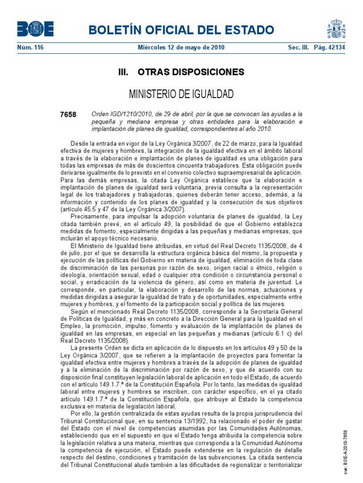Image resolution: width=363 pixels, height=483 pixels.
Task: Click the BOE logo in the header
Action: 35,29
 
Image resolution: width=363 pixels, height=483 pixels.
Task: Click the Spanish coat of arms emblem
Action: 336,29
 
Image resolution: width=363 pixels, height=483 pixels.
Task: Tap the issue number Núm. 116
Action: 30,48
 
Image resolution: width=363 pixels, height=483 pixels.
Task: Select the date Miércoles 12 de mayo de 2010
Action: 181,48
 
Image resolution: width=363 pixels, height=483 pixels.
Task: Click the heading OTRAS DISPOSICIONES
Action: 190,72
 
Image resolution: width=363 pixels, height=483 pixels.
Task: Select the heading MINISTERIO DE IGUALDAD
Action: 181,94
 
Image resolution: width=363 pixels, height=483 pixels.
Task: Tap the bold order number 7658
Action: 68,115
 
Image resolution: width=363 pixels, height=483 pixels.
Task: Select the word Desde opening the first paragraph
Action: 79,143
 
